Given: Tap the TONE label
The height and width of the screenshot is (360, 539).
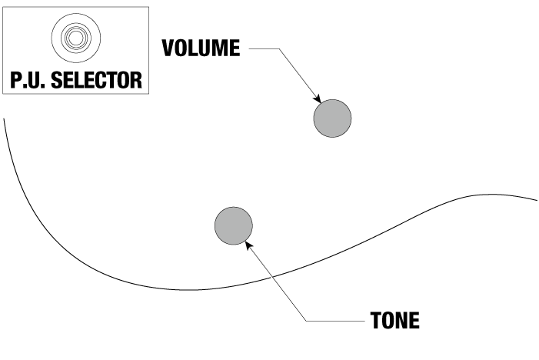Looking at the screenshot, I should [395, 319].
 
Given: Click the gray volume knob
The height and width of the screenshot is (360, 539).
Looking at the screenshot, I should [332, 118].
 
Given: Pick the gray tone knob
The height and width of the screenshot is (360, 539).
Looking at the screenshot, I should [233, 225].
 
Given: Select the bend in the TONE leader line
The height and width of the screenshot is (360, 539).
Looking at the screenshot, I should [306, 319].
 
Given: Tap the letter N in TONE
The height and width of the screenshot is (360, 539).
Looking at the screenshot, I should [403, 319].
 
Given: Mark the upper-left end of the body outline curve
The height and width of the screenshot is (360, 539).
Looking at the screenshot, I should [5, 118].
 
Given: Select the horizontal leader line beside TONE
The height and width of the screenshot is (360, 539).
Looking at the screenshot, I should [334, 319].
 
